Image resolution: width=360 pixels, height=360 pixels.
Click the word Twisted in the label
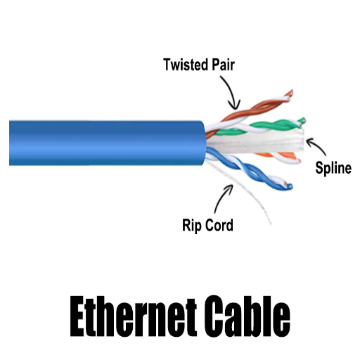point(186,65)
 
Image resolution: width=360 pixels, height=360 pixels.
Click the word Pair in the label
point(223,65)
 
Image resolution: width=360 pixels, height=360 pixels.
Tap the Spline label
point(333,168)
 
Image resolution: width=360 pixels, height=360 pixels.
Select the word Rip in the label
point(191,225)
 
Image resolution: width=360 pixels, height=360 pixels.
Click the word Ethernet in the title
point(133,317)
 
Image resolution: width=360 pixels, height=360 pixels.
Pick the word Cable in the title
point(247,317)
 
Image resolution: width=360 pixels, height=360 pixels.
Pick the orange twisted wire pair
point(279,157)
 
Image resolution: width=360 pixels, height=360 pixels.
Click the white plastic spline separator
point(255,143)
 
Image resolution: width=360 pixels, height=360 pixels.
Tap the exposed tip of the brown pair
point(290,94)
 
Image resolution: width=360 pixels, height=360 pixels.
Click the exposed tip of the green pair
point(302,122)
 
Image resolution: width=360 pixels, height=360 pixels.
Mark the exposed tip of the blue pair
point(289,186)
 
